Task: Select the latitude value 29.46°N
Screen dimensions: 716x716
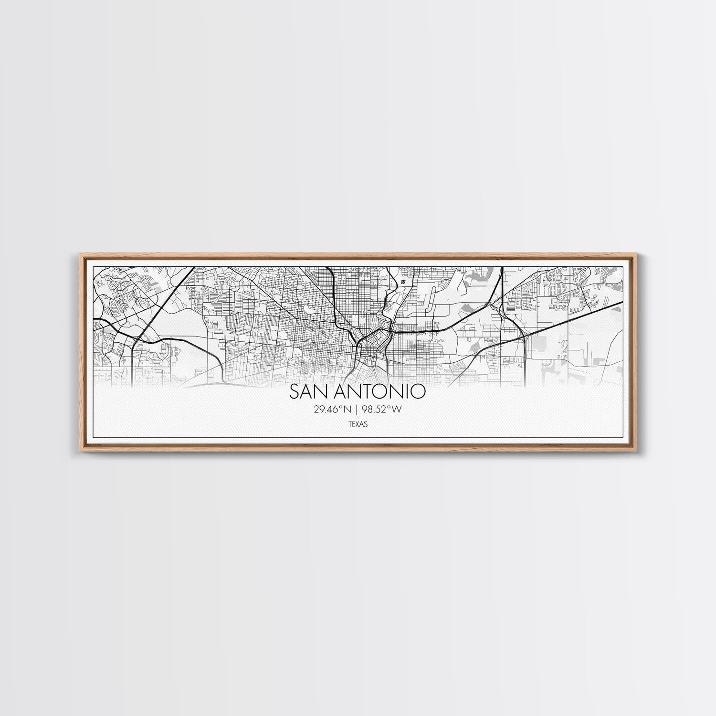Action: coord(333,409)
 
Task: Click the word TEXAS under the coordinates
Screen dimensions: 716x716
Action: coord(358,424)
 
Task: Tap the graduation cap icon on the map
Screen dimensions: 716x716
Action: coord(404,282)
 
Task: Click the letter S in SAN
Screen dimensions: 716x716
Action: coord(295,392)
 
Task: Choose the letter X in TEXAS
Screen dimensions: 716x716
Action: coord(358,424)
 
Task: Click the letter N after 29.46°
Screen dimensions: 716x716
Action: coord(348,409)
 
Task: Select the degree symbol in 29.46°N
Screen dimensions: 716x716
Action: coord(342,407)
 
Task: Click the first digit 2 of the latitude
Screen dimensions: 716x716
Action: coord(317,409)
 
